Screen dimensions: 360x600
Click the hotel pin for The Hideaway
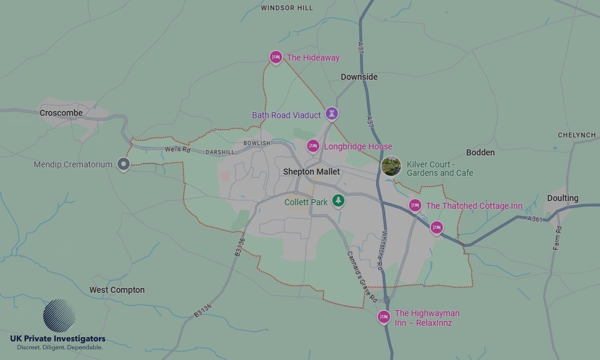click(275, 57)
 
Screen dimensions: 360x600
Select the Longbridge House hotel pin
click(313, 146)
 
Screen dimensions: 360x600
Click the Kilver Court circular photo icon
click(391, 166)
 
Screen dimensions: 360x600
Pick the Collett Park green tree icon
click(339, 200)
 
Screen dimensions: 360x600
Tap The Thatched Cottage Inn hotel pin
click(415, 205)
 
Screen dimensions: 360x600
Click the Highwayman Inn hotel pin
click(384, 316)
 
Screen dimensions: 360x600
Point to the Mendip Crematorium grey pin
click(124, 164)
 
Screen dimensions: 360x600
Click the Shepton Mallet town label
click(311, 172)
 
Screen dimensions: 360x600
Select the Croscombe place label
click(61, 113)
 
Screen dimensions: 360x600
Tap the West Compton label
click(117, 290)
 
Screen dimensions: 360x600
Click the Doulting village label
click(563, 198)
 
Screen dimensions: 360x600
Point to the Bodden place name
click(481, 152)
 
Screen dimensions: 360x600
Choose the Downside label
click(359, 77)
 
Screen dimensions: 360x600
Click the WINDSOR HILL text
click(287, 8)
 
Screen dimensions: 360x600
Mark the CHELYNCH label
click(577, 135)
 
